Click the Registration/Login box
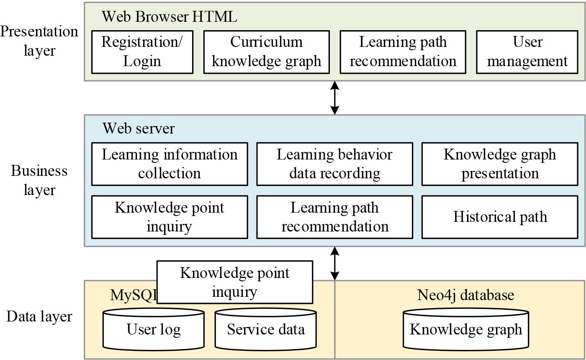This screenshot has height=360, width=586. (142, 52)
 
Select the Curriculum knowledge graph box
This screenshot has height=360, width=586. (266, 52)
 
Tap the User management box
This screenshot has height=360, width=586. (527, 52)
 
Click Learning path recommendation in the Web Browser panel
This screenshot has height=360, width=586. (403, 52)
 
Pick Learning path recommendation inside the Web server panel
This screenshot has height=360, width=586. (334, 217)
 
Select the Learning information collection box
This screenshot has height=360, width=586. (170, 164)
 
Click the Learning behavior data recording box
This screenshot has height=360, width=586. (334, 164)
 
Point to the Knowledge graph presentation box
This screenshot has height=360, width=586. (500, 164)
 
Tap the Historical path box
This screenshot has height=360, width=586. (500, 217)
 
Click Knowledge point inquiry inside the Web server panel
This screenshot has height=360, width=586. (170, 217)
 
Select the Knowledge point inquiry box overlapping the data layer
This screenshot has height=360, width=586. (234, 282)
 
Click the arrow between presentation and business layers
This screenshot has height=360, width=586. (334, 98)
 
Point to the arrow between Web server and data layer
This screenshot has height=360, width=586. (334, 263)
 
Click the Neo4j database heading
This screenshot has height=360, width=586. (465, 295)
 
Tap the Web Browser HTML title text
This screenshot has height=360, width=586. (169, 17)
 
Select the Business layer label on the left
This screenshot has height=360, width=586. (39, 180)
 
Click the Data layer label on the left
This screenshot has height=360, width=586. (39, 316)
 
